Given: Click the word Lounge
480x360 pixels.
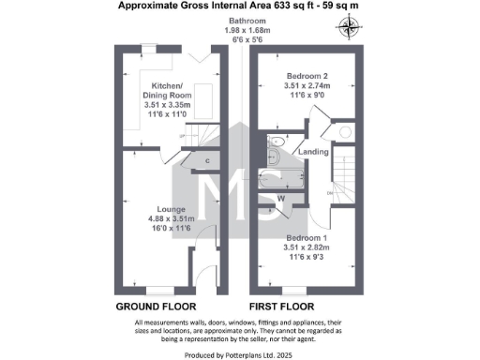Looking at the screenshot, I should point(171,209).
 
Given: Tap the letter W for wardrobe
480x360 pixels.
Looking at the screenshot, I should point(281,199).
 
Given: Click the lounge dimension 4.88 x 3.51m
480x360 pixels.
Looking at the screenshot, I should point(171,219).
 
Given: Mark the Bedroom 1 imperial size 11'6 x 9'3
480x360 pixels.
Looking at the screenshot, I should point(307,259).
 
